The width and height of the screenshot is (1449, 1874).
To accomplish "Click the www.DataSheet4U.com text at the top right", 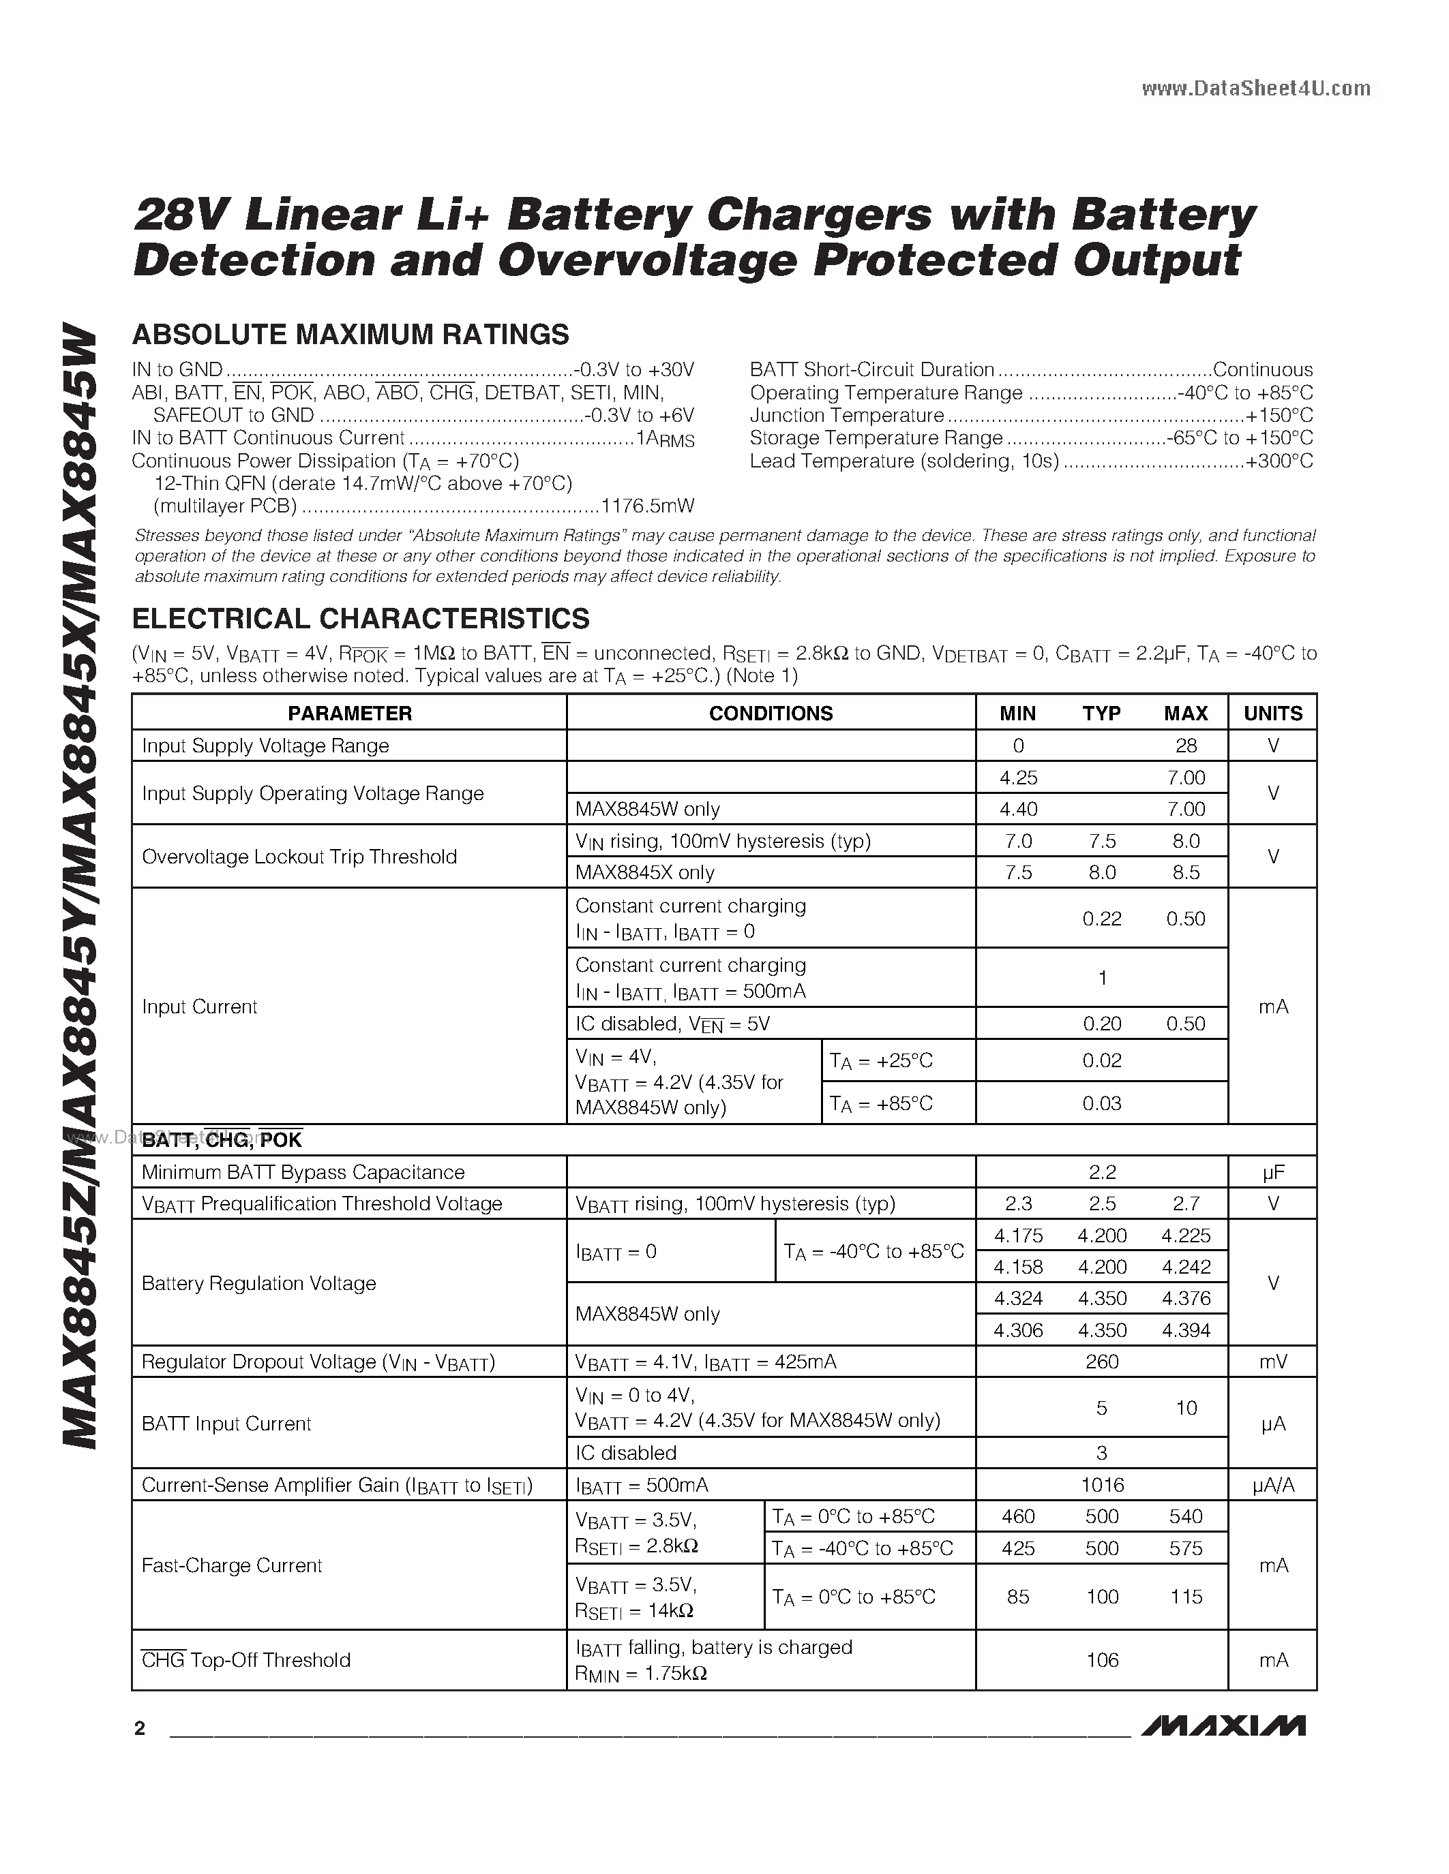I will [x=1256, y=89].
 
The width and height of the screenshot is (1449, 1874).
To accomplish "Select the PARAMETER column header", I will [x=349, y=713].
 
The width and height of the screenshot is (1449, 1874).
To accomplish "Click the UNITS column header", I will [x=1272, y=713].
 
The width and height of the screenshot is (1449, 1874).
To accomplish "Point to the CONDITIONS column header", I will [x=770, y=713].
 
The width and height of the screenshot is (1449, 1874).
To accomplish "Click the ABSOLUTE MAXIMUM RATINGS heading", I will [x=350, y=335].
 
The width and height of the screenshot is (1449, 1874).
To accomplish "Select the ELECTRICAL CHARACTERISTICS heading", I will [x=361, y=619].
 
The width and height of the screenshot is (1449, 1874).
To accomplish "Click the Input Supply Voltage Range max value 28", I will [x=1186, y=746].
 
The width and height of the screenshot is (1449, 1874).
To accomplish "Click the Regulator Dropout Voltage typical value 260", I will [x=1102, y=1362].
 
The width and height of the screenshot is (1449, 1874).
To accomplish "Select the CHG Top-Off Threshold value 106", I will [x=1102, y=1660].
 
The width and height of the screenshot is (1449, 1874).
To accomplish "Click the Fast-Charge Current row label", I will [x=232, y=1566].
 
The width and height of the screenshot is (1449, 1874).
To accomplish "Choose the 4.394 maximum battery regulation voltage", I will [x=1186, y=1330].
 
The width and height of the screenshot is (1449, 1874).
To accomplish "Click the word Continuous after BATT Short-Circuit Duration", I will [x=1262, y=370].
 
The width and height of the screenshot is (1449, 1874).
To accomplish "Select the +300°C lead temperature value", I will [x=1279, y=461].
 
